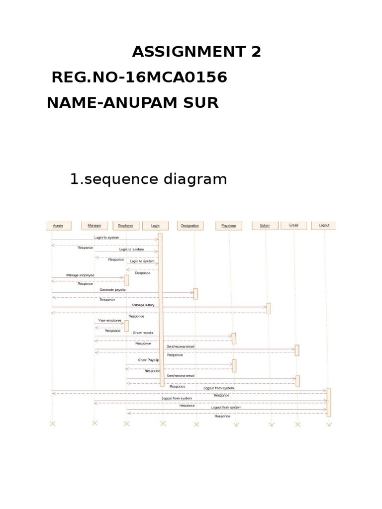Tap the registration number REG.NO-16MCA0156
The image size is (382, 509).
139,77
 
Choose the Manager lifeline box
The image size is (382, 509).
95,226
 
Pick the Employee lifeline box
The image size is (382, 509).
126,226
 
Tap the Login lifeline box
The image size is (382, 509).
155,226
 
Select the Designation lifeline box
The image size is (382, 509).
190,226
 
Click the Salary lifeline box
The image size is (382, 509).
265,226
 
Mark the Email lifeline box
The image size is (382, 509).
293,226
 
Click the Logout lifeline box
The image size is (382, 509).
324,226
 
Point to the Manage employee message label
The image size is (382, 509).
80,275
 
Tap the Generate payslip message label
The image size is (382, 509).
112,289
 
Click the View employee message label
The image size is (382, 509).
109,321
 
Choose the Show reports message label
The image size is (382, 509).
143,333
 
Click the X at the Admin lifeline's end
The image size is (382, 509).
53,424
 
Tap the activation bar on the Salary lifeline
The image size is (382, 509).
269,308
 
